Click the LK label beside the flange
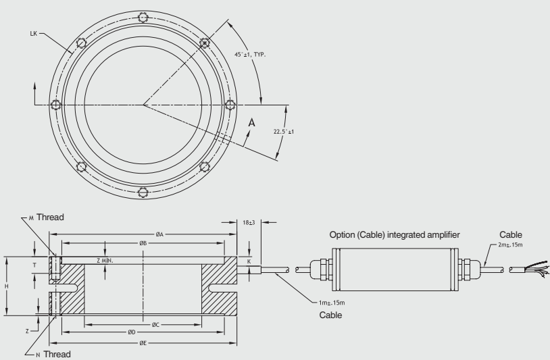(x=34, y=32)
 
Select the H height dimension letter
(x=8, y=286)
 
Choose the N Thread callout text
(x=53, y=353)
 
